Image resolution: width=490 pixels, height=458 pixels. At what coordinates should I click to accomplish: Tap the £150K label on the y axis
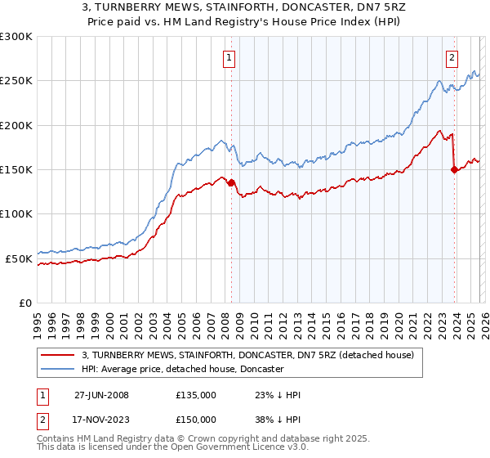tap(16, 170)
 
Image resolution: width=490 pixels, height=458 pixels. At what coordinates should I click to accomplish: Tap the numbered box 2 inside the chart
tap(452, 58)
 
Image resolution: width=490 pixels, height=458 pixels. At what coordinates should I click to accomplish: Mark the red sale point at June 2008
tap(231, 183)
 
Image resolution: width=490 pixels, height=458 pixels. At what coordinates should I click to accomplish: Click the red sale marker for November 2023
tap(455, 170)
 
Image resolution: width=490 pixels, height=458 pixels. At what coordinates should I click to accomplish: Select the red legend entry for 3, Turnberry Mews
tap(248, 355)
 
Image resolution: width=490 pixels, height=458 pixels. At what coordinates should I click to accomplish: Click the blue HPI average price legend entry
tap(182, 370)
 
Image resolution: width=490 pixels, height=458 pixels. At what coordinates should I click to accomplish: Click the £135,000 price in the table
tap(195, 395)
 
